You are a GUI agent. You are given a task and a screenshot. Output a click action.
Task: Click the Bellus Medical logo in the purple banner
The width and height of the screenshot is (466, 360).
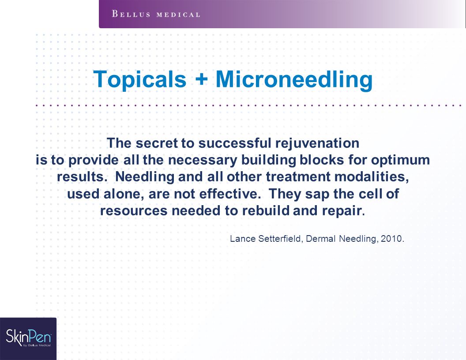click(156, 14)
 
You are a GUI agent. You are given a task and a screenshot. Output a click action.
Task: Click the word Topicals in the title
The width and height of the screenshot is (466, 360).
click(140, 79)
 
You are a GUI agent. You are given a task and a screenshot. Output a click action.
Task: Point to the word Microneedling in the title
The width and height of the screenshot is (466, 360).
click(294, 79)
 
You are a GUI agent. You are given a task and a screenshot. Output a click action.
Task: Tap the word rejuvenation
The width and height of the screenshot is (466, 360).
click(317, 143)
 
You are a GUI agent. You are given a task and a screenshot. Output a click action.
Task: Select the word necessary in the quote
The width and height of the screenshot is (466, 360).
click(203, 161)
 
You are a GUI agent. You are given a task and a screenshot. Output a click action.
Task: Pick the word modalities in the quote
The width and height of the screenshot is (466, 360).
click(372, 177)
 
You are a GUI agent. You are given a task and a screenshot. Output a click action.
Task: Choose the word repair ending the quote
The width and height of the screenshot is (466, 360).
click(342, 211)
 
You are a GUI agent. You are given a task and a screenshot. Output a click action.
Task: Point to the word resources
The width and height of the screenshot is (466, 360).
click(134, 211)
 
